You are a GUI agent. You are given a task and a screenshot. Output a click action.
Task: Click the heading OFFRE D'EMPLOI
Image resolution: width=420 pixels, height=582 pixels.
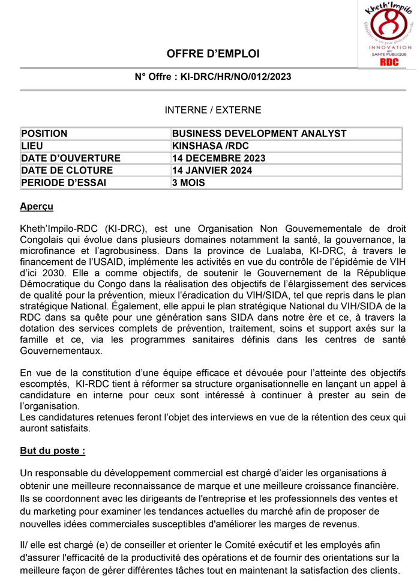click(x=213, y=54)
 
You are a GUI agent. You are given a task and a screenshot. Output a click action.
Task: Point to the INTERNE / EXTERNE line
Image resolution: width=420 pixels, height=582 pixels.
click(x=213, y=110)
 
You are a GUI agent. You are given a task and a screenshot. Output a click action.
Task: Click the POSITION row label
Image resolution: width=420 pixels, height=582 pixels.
click(x=44, y=133)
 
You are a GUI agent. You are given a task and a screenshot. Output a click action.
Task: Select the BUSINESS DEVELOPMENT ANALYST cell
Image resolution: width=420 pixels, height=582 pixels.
click(x=259, y=133)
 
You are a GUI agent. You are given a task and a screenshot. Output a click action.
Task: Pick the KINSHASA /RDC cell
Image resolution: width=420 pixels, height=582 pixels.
click(x=210, y=146)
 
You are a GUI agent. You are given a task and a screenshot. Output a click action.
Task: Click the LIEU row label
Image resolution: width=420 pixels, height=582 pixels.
click(x=32, y=146)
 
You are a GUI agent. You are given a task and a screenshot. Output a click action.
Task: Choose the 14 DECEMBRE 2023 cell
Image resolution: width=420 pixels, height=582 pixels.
click(x=218, y=158)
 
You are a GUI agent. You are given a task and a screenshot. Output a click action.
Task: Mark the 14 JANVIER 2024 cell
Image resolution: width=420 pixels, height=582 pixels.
click(x=212, y=171)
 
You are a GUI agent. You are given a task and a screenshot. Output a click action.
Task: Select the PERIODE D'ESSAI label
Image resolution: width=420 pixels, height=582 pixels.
click(x=63, y=183)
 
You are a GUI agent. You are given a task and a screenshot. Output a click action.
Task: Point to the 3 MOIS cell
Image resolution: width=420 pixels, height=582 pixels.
click(x=188, y=183)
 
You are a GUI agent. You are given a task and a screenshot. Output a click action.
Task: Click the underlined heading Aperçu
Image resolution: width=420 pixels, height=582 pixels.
click(x=37, y=207)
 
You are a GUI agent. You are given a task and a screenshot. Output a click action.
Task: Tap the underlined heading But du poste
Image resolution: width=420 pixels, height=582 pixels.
click(x=53, y=451)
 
